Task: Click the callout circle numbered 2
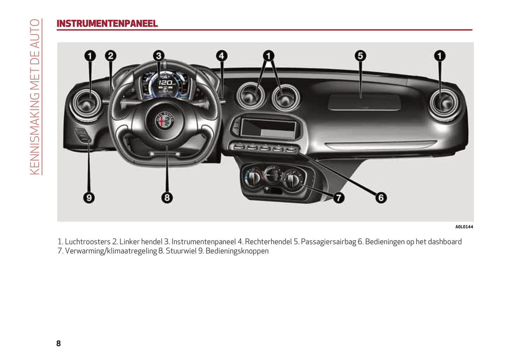[111, 56]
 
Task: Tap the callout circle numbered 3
[159, 56]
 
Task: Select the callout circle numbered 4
[222, 56]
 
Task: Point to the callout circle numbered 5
[360, 56]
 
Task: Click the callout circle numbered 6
[381, 198]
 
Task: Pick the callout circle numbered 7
[339, 198]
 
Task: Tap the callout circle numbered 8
[167, 198]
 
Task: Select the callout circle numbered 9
[89, 198]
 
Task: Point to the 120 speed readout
[166, 83]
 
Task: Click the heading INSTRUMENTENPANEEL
[107, 24]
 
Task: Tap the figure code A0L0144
[464, 227]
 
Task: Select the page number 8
[58, 343]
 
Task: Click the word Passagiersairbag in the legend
[328, 242]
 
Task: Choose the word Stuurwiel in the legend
[181, 251]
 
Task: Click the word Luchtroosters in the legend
[88, 242]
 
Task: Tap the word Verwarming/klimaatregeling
[111, 251]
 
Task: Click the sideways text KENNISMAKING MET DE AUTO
[35, 97]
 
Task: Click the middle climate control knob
[273, 175]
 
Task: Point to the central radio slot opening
[268, 128]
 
